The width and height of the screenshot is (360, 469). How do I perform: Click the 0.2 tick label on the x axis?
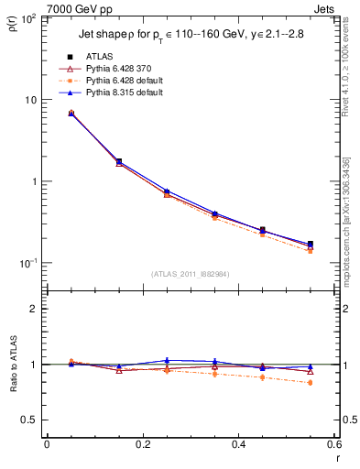(x=142, y=445)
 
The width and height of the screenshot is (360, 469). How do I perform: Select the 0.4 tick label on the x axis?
(x=238, y=445)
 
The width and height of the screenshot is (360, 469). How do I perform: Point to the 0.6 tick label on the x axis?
(x=333, y=445)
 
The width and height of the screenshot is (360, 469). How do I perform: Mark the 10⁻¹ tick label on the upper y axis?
(x=28, y=263)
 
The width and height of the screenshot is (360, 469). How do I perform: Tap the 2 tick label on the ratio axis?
(x=35, y=309)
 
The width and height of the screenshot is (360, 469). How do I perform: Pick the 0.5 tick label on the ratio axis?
(x=30, y=420)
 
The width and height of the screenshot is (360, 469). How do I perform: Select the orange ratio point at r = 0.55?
(x=310, y=383)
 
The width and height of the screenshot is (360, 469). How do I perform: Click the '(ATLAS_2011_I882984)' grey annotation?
(x=190, y=273)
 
